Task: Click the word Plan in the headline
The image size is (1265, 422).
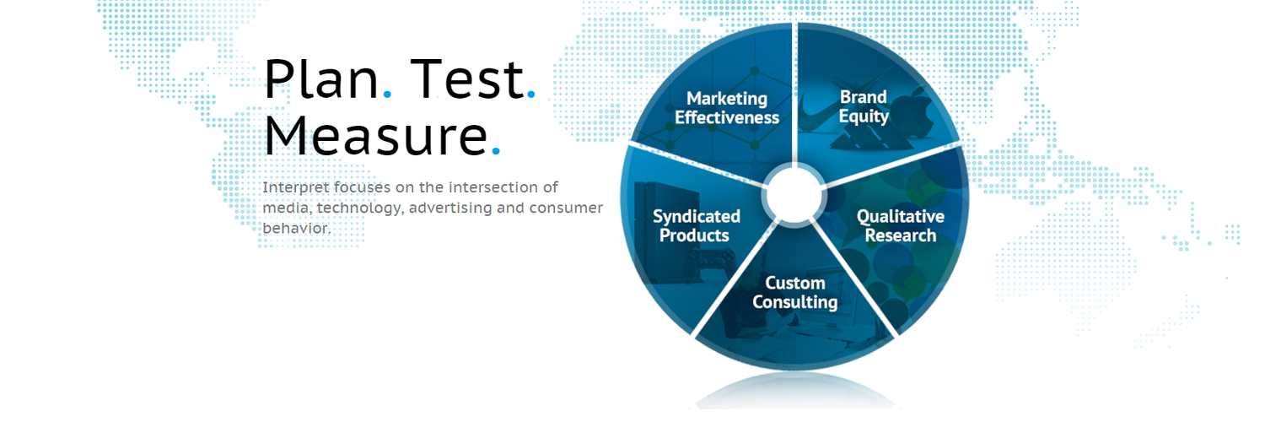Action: tap(320, 79)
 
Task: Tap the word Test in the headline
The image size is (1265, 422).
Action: tap(467, 79)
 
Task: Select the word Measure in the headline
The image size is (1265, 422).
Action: tap(375, 136)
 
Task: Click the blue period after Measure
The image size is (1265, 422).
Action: tap(496, 151)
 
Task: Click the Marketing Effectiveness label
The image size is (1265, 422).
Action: tap(727, 108)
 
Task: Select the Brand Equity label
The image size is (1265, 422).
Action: tap(864, 107)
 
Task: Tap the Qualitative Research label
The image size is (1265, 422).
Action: tap(900, 226)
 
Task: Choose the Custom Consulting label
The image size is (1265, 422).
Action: tap(795, 293)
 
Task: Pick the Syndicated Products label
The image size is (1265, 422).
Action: tap(696, 226)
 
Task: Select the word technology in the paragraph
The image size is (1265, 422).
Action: tap(358, 208)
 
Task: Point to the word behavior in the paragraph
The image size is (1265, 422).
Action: tap(295, 228)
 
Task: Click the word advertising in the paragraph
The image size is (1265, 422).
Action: tap(450, 208)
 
